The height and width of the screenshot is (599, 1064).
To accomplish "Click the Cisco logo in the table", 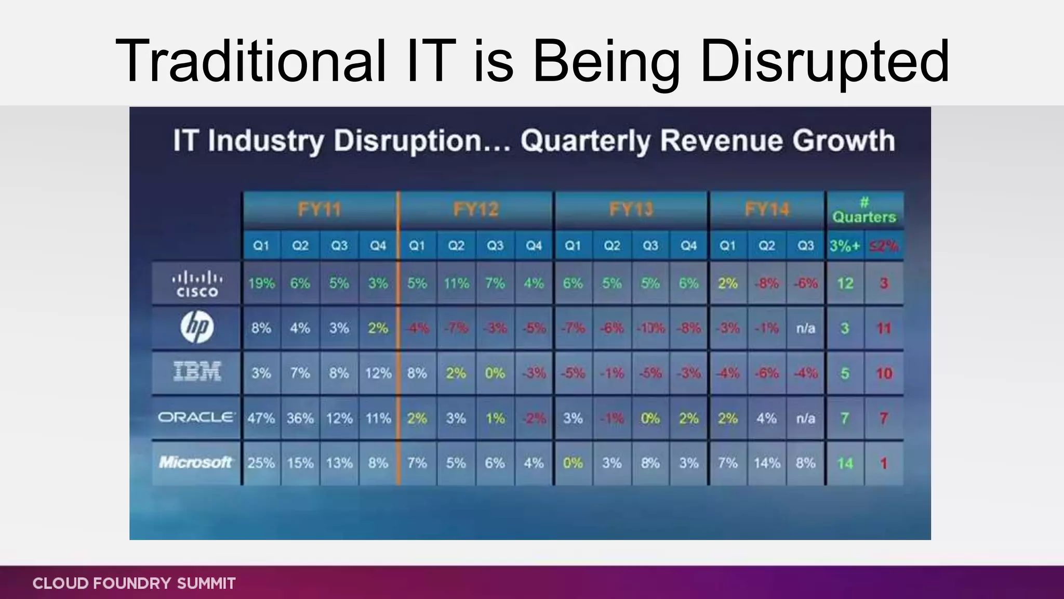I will pyautogui.click(x=196, y=284).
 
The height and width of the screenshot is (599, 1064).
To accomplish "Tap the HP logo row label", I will pyautogui.click(x=196, y=328).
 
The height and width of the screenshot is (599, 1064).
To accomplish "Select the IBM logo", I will pyautogui.click(x=196, y=372).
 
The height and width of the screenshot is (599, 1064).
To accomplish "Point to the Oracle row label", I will pyautogui.click(x=196, y=418).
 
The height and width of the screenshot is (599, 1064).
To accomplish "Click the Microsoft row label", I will pyautogui.click(x=195, y=462).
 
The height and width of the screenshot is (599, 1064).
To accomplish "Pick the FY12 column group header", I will pyautogui.click(x=475, y=210).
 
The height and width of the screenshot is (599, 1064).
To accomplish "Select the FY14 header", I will pyautogui.click(x=767, y=210).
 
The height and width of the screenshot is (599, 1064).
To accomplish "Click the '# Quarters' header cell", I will pyautogui.click(x=864, y=211).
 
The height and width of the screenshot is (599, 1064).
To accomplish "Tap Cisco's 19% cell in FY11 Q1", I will pyautogui.click(x=261, y=283).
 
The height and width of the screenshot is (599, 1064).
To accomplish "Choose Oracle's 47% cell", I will pyautogui.click(x=261, y=418).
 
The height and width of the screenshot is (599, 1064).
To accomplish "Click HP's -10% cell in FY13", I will pyautogui.click(x=650, y=328).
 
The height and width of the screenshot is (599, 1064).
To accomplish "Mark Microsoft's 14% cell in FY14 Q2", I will pyautogui.click(x=767, y=463).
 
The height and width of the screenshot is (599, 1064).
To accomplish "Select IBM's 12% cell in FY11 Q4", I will pyautogui.click(x=378, y=373).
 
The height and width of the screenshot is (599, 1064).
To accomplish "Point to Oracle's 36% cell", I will pyautogui.click(x=300, y=418).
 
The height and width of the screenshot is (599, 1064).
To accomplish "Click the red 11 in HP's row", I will pyautogui.click(x=883, y=328).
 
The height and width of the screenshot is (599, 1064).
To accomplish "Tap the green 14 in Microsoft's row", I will pyautogui.click(x=845, y=463).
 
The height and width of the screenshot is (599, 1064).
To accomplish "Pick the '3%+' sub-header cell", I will pyautogui.click(x=845, y=245).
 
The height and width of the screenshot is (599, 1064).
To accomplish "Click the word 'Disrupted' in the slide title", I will pyautogui.click(x=824, y=61).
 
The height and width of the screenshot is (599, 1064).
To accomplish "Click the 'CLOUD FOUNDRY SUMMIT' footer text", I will pyautogui.click(x=134, y=583).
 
